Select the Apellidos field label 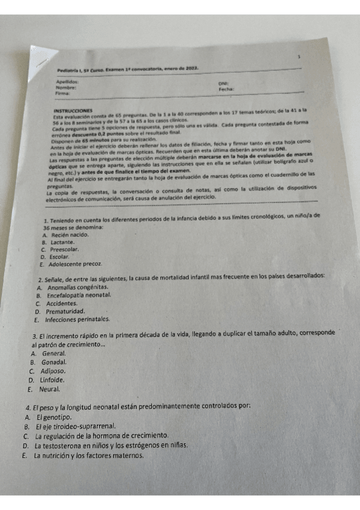67,81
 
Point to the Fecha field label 226,89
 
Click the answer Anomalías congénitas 79,289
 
